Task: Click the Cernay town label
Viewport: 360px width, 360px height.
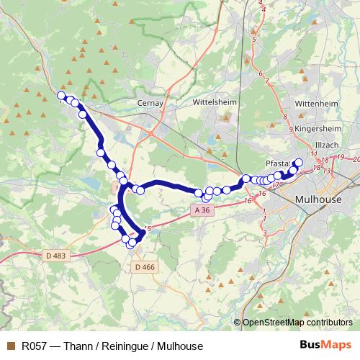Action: point(151,103)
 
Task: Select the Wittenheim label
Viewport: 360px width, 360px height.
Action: point(316,104)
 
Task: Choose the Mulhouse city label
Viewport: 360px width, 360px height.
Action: point(318,199)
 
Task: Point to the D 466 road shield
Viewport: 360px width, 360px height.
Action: point(143,267)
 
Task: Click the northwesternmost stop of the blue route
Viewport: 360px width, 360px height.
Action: point(62,96)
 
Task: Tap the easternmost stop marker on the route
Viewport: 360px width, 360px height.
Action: point(300,162)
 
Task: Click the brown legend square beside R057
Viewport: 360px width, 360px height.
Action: point(10,346)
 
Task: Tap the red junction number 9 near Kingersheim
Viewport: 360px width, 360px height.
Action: point(291,130)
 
